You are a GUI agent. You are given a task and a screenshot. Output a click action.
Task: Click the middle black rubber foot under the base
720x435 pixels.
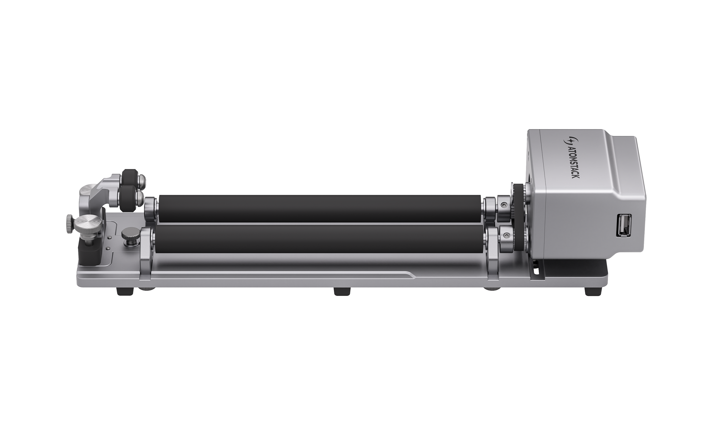pyautogui.click(x=342, y=291)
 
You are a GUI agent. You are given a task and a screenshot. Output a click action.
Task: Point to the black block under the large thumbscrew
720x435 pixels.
pyautogui.click(x=89, y=253)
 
